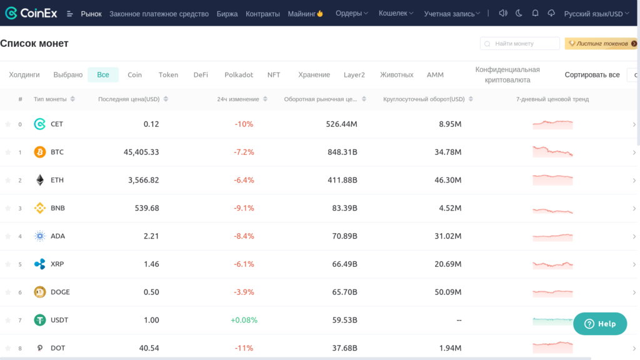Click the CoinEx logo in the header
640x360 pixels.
click(31, 13)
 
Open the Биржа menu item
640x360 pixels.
click(227, 13)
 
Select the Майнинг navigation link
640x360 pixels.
click(305, 13)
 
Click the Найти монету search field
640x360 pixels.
click(520, 44)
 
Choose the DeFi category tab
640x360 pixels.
click(201, 75)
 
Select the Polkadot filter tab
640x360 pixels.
click(239, 75)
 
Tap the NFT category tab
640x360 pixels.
click(274, 75)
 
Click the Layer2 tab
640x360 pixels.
click(354, 75)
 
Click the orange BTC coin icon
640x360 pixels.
click(40, 152)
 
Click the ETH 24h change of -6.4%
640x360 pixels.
click(244, 180)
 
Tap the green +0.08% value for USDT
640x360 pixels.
click(244, 320)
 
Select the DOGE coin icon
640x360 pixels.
click(40, 292)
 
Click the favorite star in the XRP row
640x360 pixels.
click(8, 264)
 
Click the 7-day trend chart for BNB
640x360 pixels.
click(552, 209)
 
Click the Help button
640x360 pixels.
click(599, 324)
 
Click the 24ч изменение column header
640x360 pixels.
click(238, 99)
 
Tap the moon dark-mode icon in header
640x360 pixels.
click(519, 13)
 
